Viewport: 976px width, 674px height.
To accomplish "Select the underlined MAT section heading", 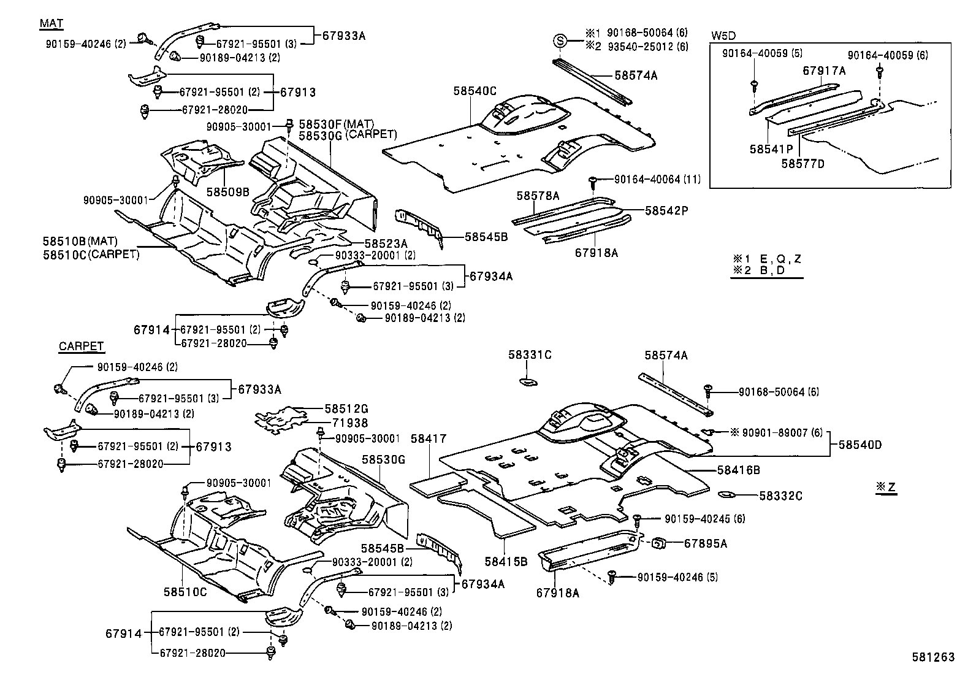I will click(51, 23).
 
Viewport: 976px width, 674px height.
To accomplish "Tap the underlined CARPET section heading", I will click(82, 347).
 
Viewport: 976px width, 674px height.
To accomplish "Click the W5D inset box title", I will click(724, 35).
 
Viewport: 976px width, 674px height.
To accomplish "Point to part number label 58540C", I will click(475, 91).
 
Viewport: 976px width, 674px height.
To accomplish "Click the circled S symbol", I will click(560, 41).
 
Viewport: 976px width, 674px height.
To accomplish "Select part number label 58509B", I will click(227, 191).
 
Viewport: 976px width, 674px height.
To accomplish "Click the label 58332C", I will click(780, 496).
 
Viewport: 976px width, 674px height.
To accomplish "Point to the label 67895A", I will click(705, 543).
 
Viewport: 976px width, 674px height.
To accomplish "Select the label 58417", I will click(429, 438).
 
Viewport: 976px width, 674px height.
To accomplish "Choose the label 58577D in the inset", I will click(803, 163).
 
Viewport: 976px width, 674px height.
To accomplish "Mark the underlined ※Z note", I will click(886, 487).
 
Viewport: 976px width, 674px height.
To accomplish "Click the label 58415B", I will click(506, 561).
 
